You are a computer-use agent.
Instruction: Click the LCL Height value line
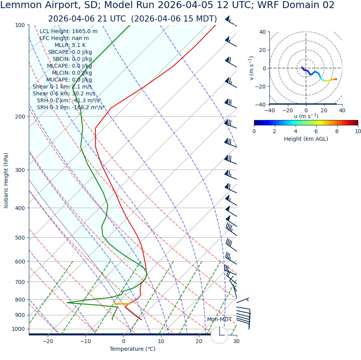[x=69, y=32]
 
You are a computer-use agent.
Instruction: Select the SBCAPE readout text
[x=70, y=52]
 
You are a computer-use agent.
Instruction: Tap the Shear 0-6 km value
[x=64, y=93]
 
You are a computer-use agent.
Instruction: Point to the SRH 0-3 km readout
[x=71, y=107]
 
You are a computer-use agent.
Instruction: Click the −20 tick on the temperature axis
[x=48, y=341]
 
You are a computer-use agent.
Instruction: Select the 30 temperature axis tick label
[x=236, y=341]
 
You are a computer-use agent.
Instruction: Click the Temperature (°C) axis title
[x=132, y=349]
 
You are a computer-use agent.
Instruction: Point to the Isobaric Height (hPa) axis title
[x=6, y=180]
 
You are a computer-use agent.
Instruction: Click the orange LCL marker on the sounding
[x=122, y=304]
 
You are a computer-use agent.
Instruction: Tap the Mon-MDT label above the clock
[x=219, y=320]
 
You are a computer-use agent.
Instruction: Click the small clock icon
[x=219, y=335]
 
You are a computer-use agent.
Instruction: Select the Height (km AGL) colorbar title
[x=306, y=139]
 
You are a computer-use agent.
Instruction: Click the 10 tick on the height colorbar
[x=358, y=131]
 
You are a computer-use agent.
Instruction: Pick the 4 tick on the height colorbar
[x=296, y=131]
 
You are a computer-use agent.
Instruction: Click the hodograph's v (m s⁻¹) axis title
[x=251, y=68]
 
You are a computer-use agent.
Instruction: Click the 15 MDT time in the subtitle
[x=199, y=19]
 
